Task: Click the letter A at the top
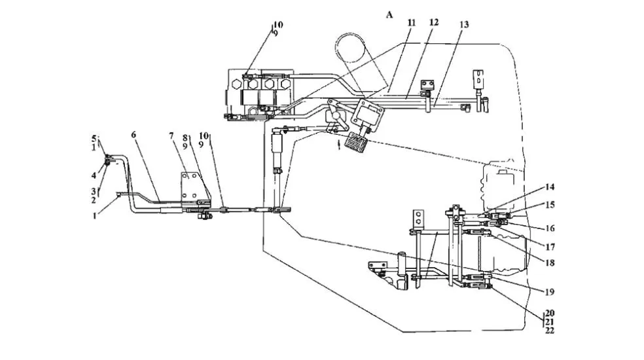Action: click(x=389, y=15)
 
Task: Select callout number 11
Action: click(x=412, y=23)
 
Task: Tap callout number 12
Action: click(x=434, y=22)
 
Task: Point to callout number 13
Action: click(x=464, y=25)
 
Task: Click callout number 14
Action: click(x=550, y=187)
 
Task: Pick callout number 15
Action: click(x=550, y=205)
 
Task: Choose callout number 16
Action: click(x=550, y=228)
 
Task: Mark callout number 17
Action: click(x=550, y=247)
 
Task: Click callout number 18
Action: click(x=550, y=262)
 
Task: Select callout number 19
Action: click(x=550, y=292)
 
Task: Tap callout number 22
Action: click(x=550, y=331)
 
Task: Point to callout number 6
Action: click(x=134, y=135)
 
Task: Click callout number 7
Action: click(x=171, y=135)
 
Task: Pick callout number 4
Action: click(x=94, y=175)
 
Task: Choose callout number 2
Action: click(x=94, y=200)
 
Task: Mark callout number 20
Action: click(x=550, y=314)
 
